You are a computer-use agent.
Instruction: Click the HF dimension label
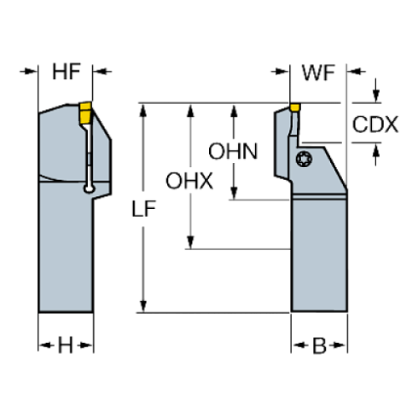(x=67, y=72)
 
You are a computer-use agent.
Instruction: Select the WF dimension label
(x=318, y=73)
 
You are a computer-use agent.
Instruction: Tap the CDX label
(x=375, y=125)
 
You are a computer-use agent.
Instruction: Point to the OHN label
(x=233, y=151)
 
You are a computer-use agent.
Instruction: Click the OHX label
(x=189, y=181)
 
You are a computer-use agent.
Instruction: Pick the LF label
(x=143, y=209)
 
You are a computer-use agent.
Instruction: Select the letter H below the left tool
(x=66, y=345)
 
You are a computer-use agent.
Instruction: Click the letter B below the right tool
(x=319, y=345)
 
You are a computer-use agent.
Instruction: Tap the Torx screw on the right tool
(x=304, y=159)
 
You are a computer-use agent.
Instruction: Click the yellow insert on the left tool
(x=85, y=113)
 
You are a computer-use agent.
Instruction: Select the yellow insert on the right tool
(x=295, y=107)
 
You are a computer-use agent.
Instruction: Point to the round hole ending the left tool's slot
(x=90, y=189)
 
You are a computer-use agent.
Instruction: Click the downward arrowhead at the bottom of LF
(x=143, y=305)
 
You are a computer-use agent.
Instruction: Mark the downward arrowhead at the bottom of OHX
(x=190, y=242)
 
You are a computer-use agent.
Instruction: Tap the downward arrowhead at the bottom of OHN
(x=234, y=193)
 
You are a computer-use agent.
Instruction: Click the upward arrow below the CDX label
(x=376, y=154)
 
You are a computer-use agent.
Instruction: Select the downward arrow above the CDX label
(x=376, y=90)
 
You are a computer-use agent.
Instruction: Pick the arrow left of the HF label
(x=29, y=71)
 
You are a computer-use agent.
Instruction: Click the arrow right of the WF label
(x=356, y=71)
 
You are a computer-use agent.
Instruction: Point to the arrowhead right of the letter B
(x=339, y=345)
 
